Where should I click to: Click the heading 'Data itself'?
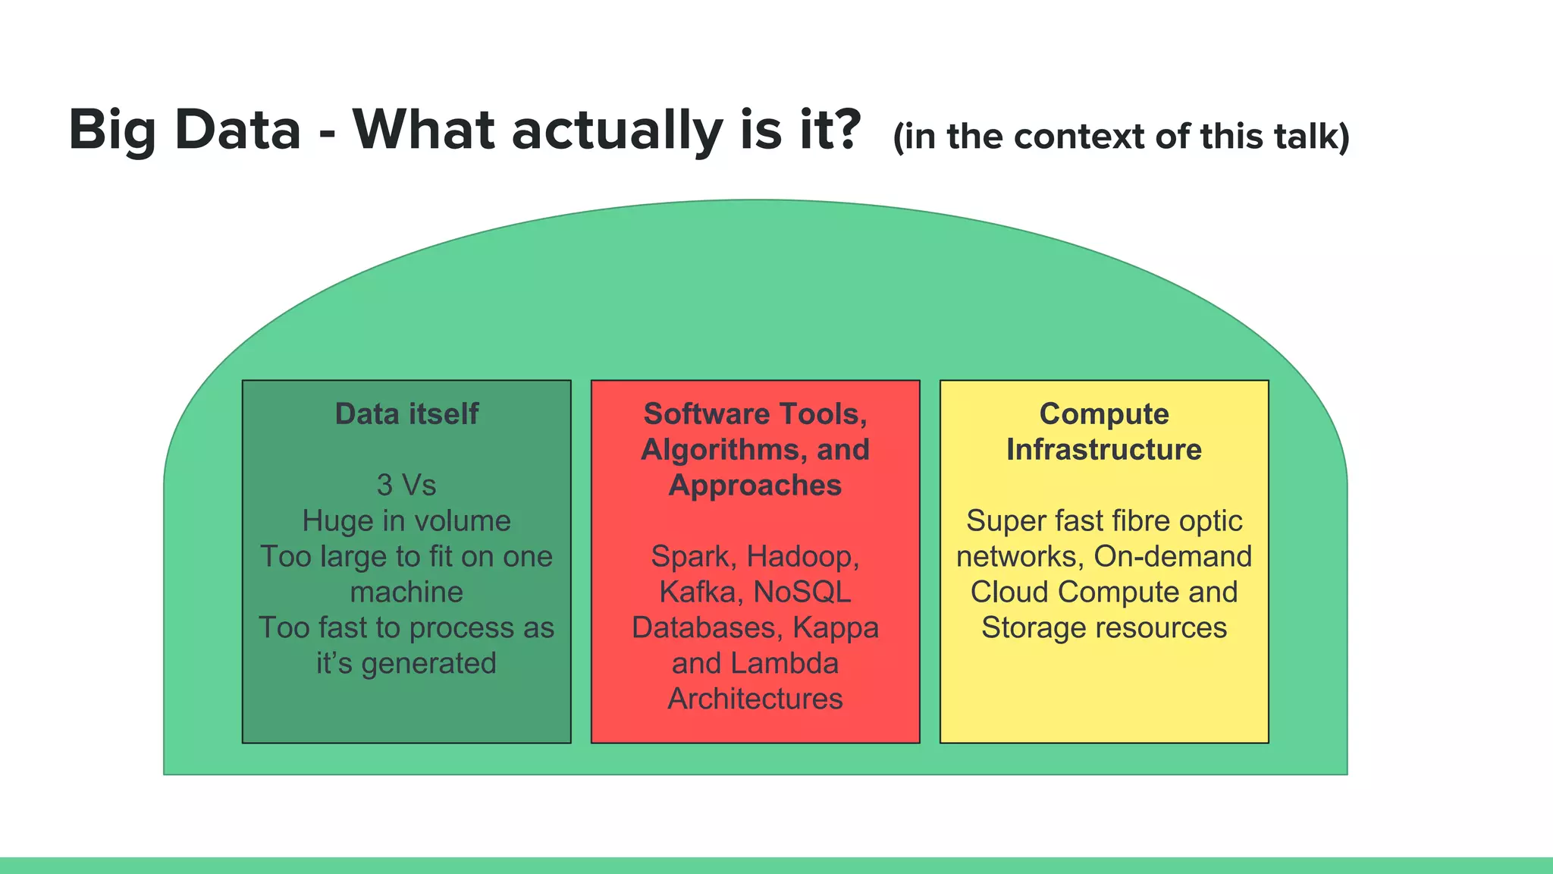coord(406,414)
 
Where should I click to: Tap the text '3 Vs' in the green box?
coord(406,485)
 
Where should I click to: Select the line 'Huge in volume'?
coord(406,521)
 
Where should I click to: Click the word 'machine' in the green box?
coord(406,592)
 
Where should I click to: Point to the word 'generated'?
coord(428,664)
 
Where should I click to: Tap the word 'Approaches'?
coord(755,486)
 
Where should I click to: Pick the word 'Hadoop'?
coord(802,557)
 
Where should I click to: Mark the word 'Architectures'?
coord(755,699)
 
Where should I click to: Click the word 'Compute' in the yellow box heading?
coord(1104,414)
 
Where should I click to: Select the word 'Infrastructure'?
coord(1104,450)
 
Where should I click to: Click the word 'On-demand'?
coord(1172,557)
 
